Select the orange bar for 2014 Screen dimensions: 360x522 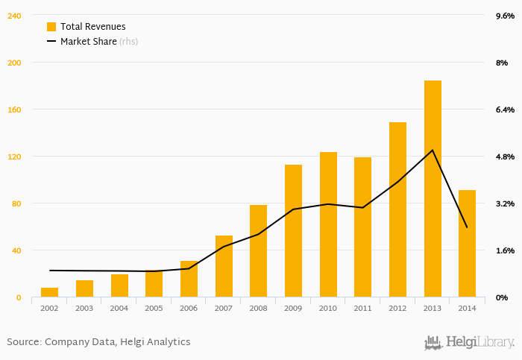pyautogui.click(x=467, y=244)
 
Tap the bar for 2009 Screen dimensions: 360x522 pyautogui.click(x=293, y=231)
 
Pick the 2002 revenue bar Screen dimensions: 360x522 pyautogui.click(x=50, y=292)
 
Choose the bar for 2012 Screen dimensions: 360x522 pyautogui.click(x=397, y=209)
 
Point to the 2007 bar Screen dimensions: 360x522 pyautogui.click(x=224, y=266)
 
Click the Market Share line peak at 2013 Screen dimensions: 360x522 pyautogui.click(x=433, y=151)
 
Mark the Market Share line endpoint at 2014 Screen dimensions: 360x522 pyautogui.click(x=467, y=227)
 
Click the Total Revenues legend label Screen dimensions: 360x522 pyautogui.click(x=92, y=26)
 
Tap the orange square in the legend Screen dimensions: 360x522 pyautogui.click(x=51, y=26)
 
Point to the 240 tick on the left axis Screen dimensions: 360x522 pyautogui.click(x=14, y=16)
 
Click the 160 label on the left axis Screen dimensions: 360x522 pyautogui.click(x=14, y=110)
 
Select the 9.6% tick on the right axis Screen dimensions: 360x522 pyautogui.click(x=505, y=16)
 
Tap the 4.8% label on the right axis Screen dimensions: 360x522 pyautogui.click(x=505, y=157)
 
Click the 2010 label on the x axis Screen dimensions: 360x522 pyautogui.click(x=328, y=308)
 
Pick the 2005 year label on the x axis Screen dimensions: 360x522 pyautogui.click(x=154, y=308)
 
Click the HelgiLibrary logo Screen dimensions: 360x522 pyautogui.click(x=469, y=342)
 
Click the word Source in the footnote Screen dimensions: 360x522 pyautogui.click(x=24, y=342)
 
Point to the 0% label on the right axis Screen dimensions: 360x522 pyautogui.click(x=501, y=297)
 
